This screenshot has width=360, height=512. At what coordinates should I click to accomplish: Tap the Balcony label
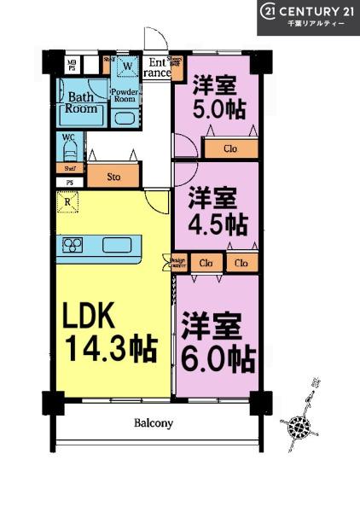pos(153,422)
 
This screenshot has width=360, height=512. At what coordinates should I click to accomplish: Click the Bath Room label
pos(82,103)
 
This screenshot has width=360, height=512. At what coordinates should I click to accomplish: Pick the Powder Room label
pos(125,94)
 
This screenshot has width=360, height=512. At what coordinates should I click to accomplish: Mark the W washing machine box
pos(127,66)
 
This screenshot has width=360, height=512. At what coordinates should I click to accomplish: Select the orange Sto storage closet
pos(113,177)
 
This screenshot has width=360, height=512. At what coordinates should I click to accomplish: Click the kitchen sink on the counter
pos(117,246)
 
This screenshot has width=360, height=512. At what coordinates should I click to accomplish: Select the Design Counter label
pos(177,264)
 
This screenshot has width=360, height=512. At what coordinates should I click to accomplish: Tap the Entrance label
pos(158,67)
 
